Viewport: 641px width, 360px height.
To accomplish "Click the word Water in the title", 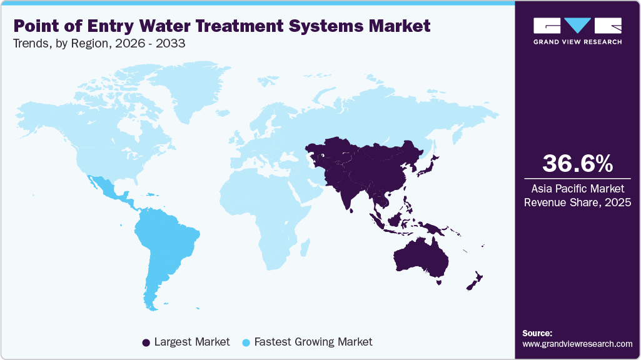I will (159, 26).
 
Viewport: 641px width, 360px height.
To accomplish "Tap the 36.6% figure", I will (577, 164).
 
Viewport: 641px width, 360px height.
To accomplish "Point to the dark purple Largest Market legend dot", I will (146, 342).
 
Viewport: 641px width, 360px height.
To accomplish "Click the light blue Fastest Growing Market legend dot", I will (246, 342).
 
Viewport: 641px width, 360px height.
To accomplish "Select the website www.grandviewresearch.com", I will (577, 344).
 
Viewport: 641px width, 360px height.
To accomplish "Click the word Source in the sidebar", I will (537, 333).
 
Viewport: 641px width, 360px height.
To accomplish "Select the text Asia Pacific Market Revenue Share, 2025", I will (577, 195).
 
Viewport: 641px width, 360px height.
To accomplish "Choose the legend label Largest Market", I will (192, 342).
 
